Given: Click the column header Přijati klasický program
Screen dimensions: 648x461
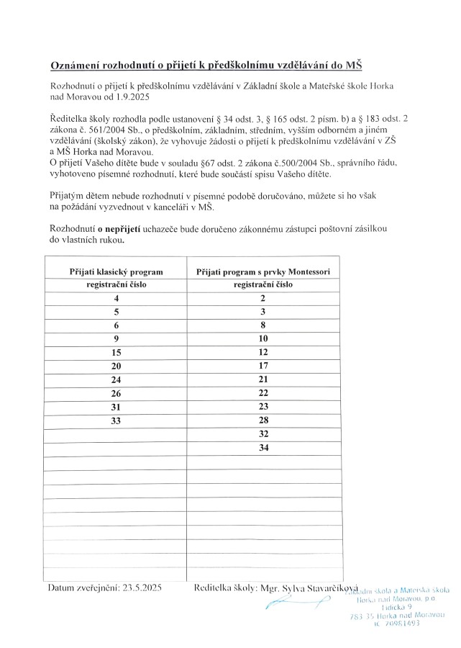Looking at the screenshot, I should tap(117, 271).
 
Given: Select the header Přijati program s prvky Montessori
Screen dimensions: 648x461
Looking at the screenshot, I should tap(263, 271).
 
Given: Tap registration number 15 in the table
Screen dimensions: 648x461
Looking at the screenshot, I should tap(117, 352).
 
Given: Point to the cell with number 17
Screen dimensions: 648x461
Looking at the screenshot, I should tap(263, 366).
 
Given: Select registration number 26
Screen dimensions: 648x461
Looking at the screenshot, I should tap(117, 393).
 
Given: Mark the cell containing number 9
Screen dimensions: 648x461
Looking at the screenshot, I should tap(117, 338).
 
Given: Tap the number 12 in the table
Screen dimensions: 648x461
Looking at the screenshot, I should tap(263, 352).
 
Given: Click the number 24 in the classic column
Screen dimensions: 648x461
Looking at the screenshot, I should tap(117, 379).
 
